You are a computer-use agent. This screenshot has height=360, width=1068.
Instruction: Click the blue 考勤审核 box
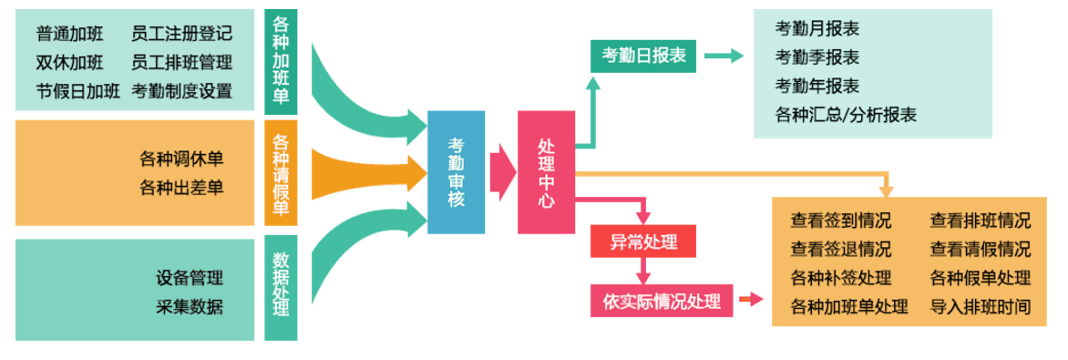coord(456,171)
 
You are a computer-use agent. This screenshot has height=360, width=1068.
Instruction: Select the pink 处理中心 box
coord(546,171)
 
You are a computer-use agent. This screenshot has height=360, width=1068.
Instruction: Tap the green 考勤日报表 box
coord(643,57)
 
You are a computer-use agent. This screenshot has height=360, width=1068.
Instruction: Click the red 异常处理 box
coord(644,242)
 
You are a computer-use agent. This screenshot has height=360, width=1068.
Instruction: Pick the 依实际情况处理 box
coord(662,301)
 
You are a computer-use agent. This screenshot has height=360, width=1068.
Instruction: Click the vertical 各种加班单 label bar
coord(281,62)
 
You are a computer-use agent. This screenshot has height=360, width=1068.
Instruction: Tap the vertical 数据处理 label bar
coord(281,288)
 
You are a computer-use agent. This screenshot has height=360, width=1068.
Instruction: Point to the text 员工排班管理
coord(181,63)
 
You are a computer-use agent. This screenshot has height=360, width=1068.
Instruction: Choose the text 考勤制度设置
coord(181,91)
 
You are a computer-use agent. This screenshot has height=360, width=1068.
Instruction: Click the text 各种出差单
coord(181,188)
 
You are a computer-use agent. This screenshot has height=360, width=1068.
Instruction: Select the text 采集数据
coord(190,306)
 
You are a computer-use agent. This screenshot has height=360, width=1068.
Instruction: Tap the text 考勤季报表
coord(817,57)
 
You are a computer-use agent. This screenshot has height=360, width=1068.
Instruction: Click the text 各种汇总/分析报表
coord(846,115)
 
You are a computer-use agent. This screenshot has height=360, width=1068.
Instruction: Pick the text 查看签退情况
coord(841,250)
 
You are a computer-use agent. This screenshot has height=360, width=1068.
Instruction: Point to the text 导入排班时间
coord(981,306)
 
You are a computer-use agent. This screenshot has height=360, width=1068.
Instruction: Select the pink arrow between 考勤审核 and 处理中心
coord(502,171)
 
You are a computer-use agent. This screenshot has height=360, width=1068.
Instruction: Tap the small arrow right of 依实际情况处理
coord(751,299)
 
